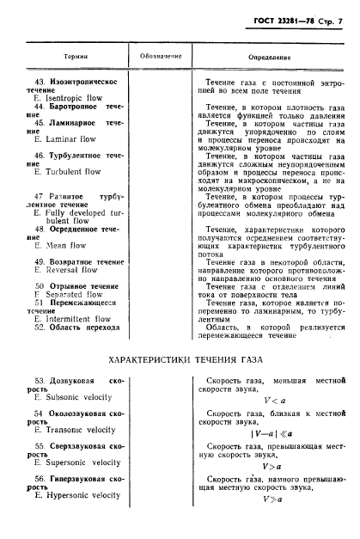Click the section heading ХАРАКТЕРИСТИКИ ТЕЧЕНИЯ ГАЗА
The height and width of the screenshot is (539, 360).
pyautogui.click(x=180, y=356)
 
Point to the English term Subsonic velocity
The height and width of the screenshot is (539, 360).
pyautogui.click(x=80, y=398)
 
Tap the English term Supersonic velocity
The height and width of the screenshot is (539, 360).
pyautogui.click(x=82, y=462)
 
